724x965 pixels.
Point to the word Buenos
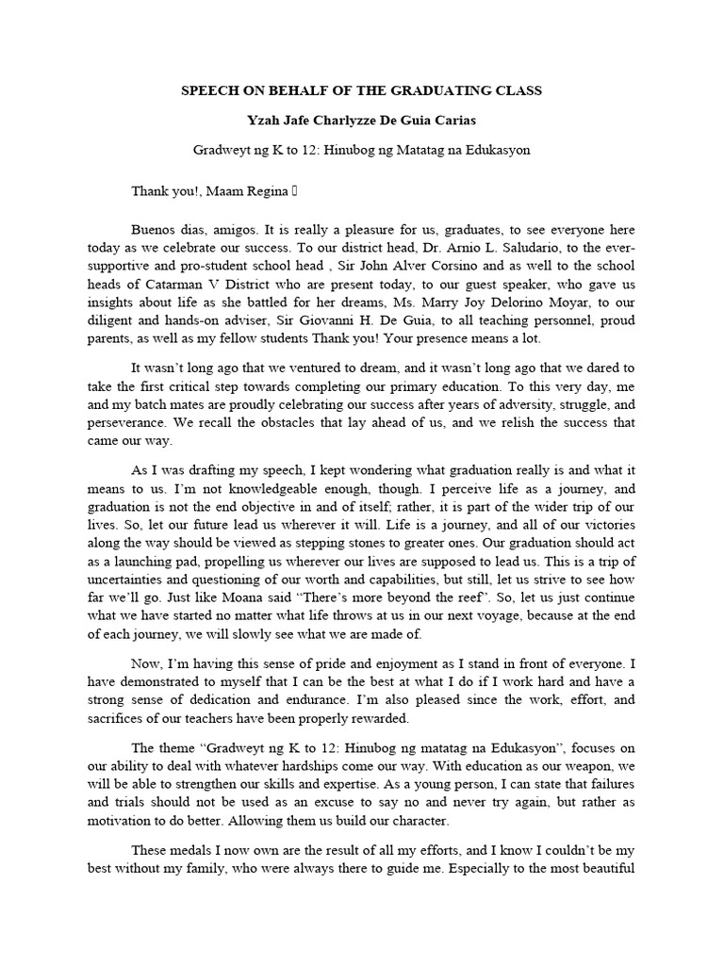pos(153,230)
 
